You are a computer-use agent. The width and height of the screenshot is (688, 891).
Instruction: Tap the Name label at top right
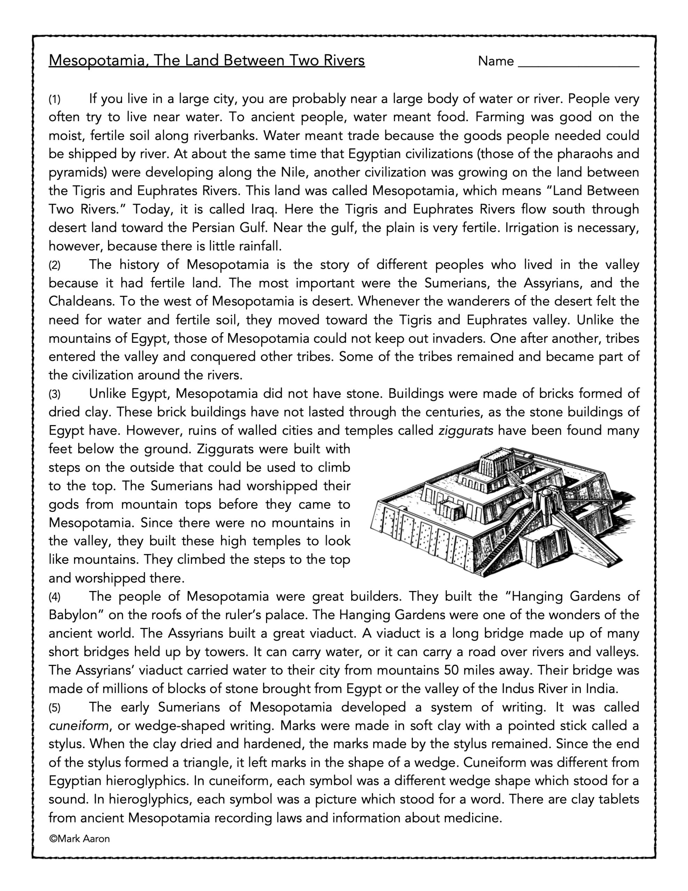point(496,61)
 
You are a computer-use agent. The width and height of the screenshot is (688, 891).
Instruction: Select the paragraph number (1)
point(55,99)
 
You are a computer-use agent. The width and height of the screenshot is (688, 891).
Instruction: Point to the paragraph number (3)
point(55,394)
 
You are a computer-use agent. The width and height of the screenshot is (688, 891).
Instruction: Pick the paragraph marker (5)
point(55,708)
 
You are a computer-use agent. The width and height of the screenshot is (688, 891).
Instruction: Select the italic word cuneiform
point(78,726)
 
